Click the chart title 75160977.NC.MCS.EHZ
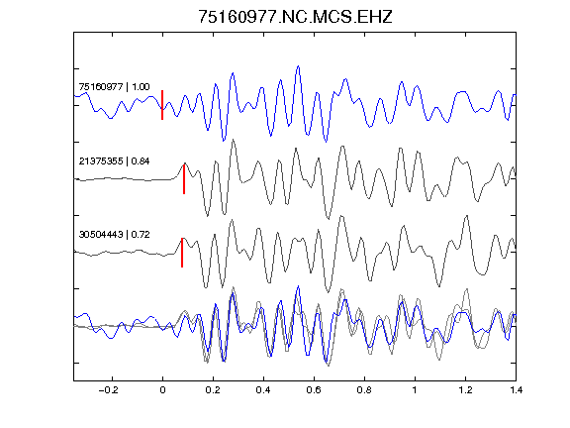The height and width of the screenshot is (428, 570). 295,17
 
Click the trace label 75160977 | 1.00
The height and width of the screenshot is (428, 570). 114,87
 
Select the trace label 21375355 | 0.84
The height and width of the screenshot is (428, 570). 114,161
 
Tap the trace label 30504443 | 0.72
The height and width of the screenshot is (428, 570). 114,235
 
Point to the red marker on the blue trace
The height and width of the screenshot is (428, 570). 162,105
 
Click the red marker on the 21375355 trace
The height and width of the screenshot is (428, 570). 184,179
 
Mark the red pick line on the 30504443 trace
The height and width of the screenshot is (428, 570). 182,253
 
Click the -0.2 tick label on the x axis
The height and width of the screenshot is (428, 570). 109,390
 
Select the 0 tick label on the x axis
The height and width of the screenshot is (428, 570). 162,390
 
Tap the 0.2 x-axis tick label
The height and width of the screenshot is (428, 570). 213,390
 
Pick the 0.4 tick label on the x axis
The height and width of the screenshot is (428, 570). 263,390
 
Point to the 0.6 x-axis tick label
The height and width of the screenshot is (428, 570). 314,390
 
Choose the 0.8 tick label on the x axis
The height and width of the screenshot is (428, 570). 364,390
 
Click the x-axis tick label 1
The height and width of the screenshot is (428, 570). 415,390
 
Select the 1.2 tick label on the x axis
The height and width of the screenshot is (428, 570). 465,390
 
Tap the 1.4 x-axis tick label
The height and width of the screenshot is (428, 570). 516,390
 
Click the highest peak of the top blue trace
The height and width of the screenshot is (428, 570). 299,66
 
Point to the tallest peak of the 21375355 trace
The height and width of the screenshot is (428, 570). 233,140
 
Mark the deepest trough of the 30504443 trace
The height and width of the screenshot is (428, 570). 329,292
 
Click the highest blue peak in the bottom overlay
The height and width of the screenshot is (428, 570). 299,286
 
